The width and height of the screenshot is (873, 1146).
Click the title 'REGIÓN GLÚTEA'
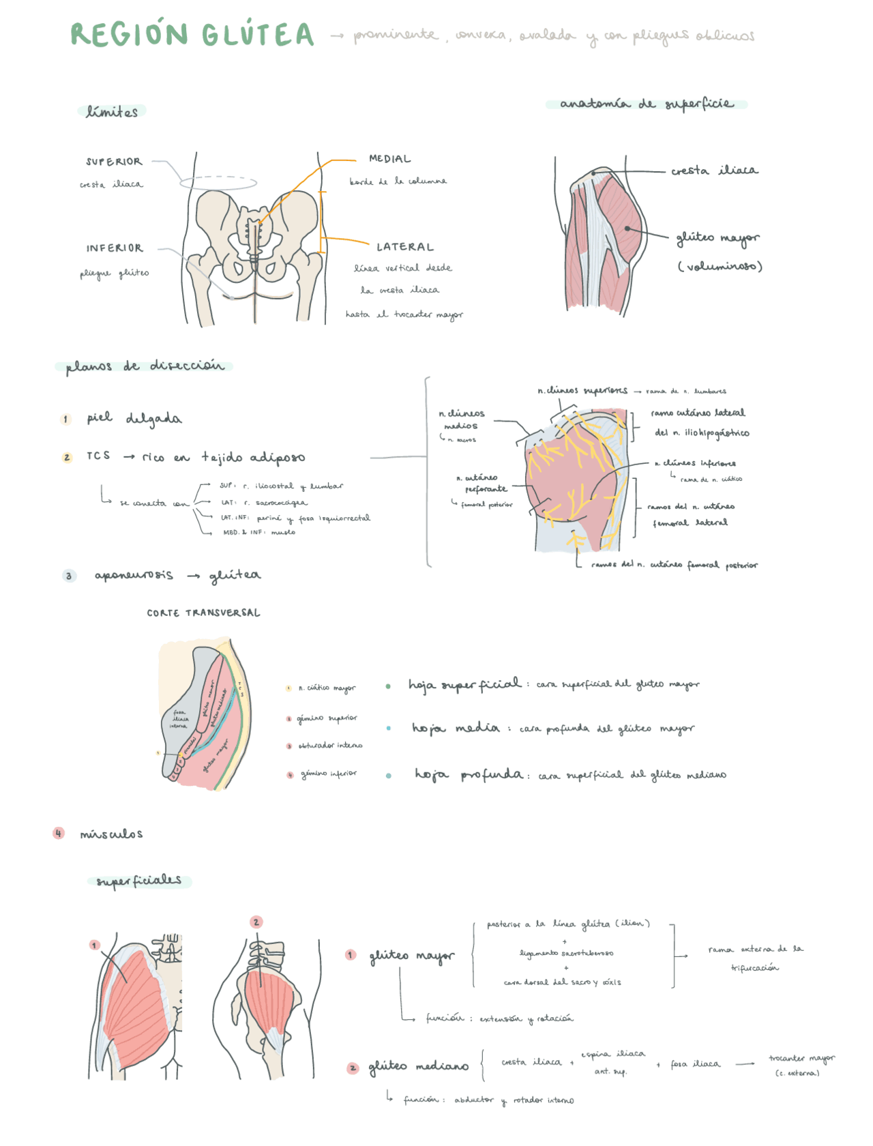pyautogui.click(x=192, y=35)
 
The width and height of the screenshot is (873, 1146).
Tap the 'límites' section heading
pyautogui.click(x=112, y=112)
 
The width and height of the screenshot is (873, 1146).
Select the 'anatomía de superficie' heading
pyautogui.click(x=647, y=104)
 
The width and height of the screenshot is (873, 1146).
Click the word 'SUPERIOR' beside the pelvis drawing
pyautogui.click(x=114, y=162)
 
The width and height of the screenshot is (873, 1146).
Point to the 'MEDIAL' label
pyautogui.click(x=389, y=159)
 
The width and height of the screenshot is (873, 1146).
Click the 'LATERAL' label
pyautogui.click(x=405, y=247)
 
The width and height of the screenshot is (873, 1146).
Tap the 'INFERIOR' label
pyautogui.click(x=115, y=248)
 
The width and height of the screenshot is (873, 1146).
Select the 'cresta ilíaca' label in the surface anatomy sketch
pyautogui.click(x=714, y=171)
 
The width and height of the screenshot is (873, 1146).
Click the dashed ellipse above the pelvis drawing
pyautogui.click(x=218, y=182)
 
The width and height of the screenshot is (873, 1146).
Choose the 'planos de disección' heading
pyautogui.click(x=145, y=366)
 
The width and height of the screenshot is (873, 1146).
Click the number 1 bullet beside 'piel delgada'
pyautogui.click(x=66, y=419)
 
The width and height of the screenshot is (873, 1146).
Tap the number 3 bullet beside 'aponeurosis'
pyautogui.click(x=69, y=576)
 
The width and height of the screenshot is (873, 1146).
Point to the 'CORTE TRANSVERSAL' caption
pyautogui.click(x=203, y=613)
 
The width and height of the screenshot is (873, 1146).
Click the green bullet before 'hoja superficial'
pyautogui.click(x=388, y=686)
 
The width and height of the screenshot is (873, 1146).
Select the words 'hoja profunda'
pyautogui.click(x=469, y=775)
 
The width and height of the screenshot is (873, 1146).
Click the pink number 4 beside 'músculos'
pyautogui.click(x=59, y=833)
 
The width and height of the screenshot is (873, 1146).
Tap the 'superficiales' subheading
pyautogui.click(x=139, y=881)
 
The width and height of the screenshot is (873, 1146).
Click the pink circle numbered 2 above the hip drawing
pyautogui.click(x=256, y=922)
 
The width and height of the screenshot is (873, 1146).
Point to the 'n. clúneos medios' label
pyautogui.click(x=461, y=420)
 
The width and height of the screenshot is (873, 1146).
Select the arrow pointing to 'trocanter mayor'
pyautogui.click(x=745, y=1063)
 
